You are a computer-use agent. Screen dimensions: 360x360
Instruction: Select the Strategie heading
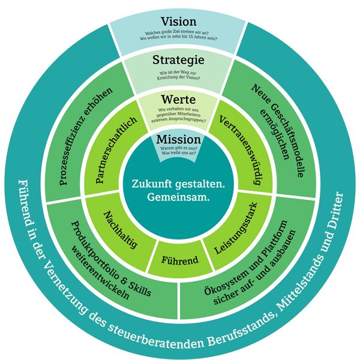179,60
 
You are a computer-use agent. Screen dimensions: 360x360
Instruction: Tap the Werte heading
179,99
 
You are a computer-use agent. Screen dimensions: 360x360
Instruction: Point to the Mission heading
178,140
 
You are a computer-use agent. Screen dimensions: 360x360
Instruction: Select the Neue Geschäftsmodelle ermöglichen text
279,130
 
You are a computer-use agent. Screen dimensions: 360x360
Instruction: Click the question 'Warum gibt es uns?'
178,148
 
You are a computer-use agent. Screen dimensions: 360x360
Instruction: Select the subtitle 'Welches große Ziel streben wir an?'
179,33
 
